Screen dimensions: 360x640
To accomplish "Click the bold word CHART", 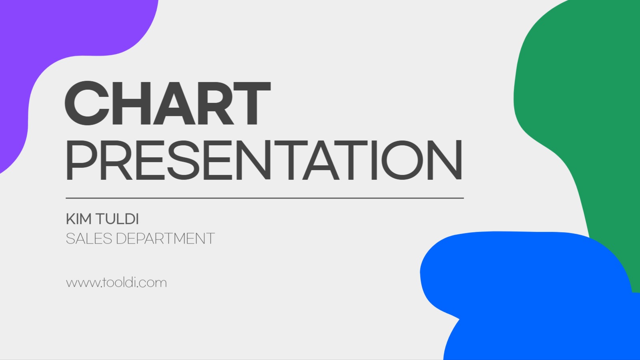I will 167,103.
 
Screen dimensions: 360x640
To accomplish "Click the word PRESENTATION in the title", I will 264,161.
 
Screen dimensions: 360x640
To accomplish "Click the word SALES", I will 89,239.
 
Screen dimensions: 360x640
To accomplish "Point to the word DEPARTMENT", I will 165,239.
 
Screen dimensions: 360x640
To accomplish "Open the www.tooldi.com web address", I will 116,282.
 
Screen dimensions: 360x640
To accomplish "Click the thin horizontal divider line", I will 264,198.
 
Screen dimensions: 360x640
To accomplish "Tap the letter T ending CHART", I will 252,103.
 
